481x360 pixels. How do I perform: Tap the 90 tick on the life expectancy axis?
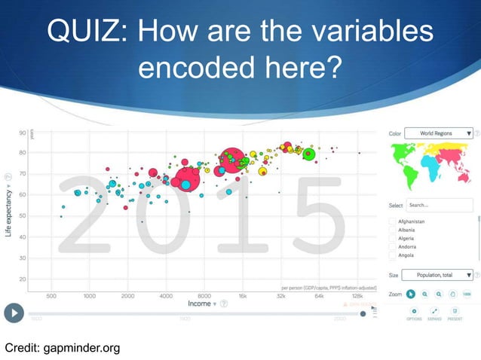[x=23, y=132]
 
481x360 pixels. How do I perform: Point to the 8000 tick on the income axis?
[x=204, y=295]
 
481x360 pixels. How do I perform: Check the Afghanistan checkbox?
[x=392, y=222]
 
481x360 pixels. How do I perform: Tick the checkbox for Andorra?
[x=392, y=246]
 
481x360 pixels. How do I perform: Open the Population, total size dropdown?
[x=437, y=276]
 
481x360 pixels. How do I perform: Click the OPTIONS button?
[x=414, y=313]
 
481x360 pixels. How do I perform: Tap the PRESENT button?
[x=455, y=313]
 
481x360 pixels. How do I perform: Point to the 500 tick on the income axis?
[x=54, y=295]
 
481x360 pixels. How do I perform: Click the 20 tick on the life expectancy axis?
[x=23, y=279]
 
